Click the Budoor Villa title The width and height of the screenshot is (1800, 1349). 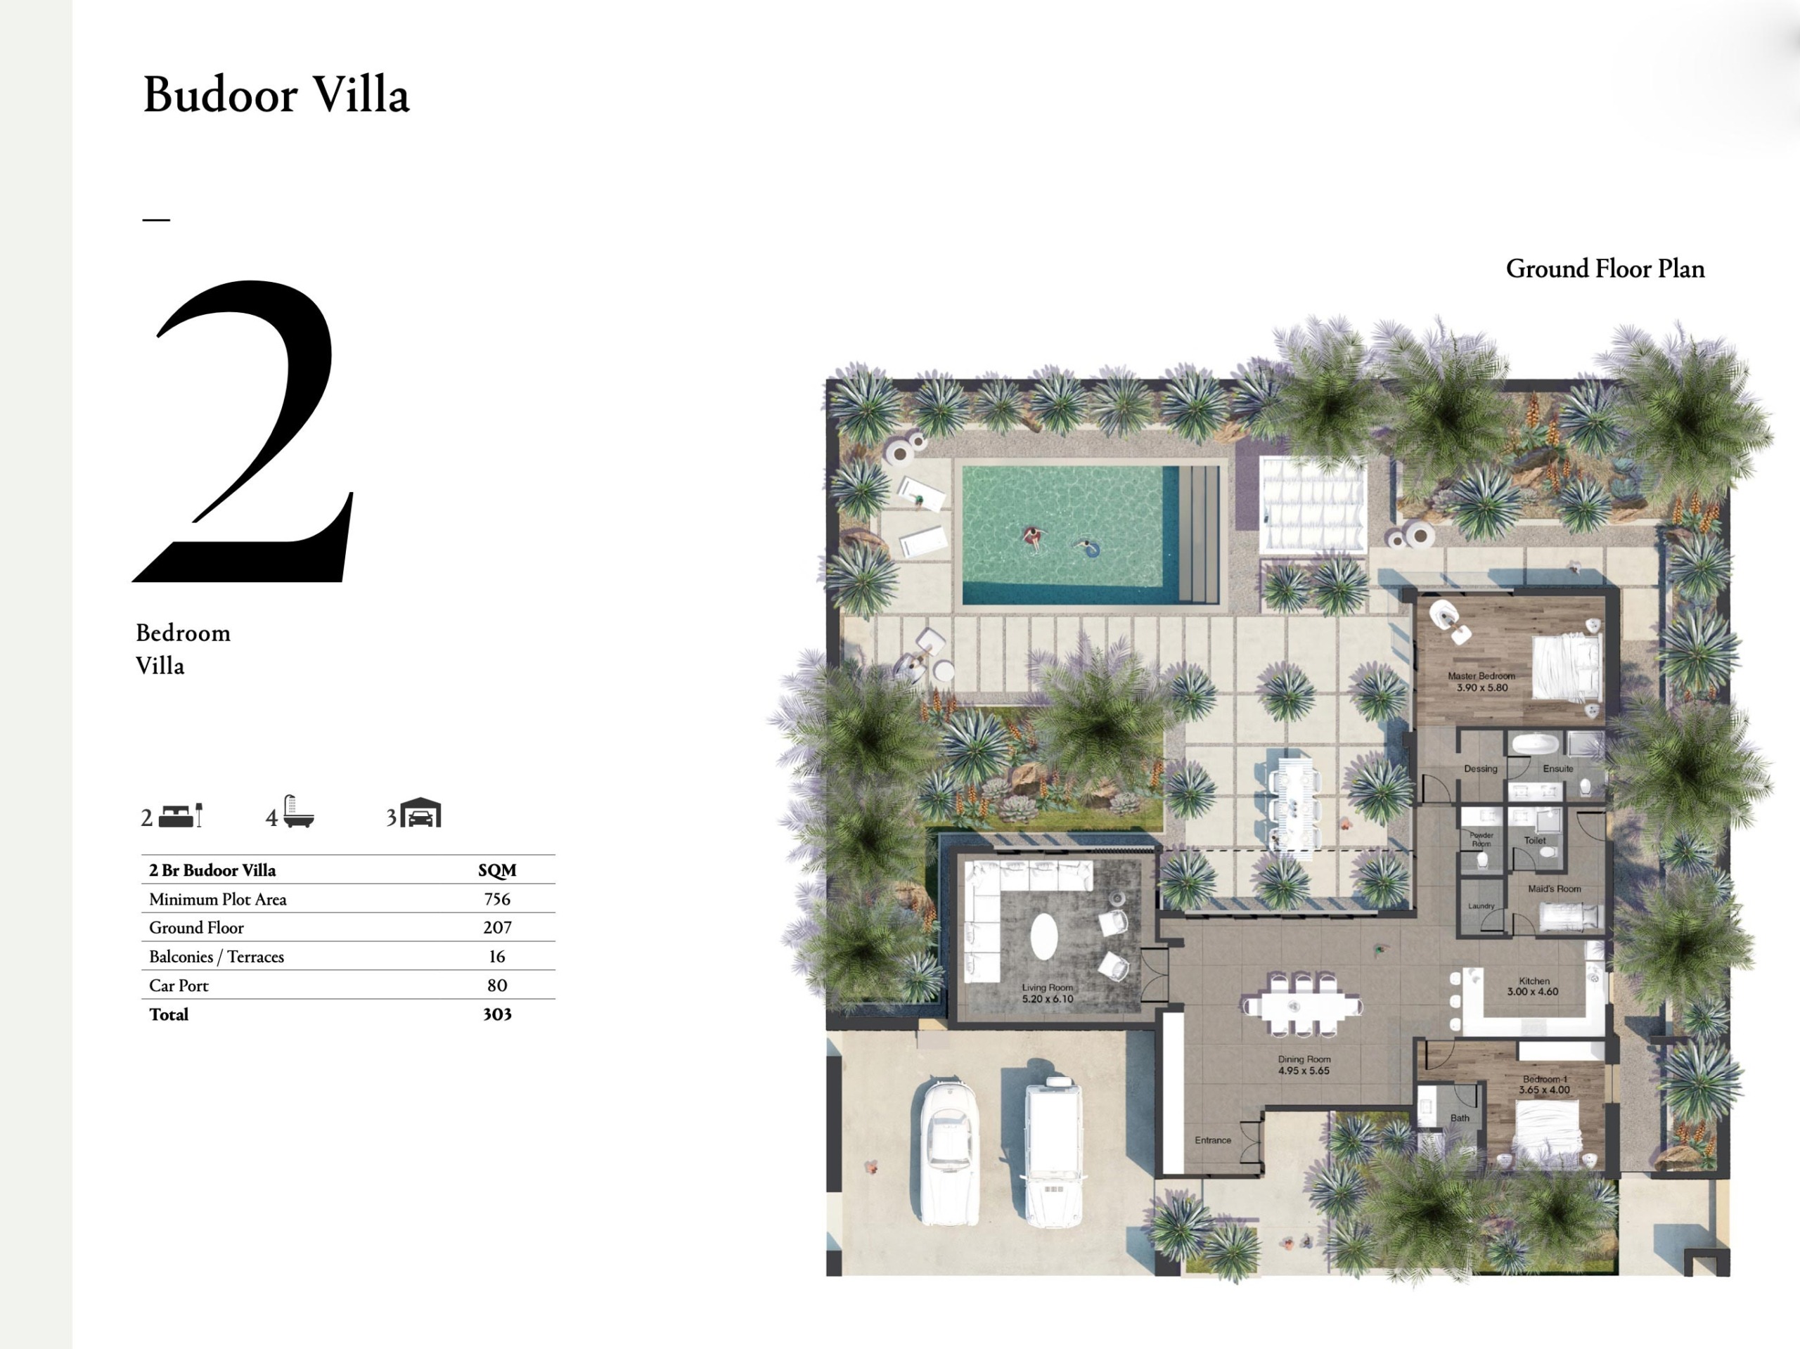[x=276, y=95]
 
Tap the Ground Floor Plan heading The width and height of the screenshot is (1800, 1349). [x=1604, y=269]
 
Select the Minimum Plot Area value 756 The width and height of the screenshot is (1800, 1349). [x=496, y=899]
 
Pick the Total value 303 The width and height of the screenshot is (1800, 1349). [x=496, y=1014]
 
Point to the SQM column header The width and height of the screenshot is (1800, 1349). [x=496, y=870]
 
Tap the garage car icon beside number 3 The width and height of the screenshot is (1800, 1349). [x=420, y=813]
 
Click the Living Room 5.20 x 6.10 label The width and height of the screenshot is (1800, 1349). [x=1047, y=993]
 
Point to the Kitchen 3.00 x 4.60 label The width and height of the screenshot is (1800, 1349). [x=1533, y=986]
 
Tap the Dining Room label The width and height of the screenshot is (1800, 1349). [x=1304, y=1064]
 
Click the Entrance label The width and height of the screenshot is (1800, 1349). [x=1212, y=1140]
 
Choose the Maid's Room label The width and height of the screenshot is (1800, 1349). [x=1554, y=889]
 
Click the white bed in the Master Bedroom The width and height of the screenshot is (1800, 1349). [x=1566, y=666]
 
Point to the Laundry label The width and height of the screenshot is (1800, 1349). [x=1480, y=905]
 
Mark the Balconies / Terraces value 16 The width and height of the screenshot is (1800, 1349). [x=496, y=957]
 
